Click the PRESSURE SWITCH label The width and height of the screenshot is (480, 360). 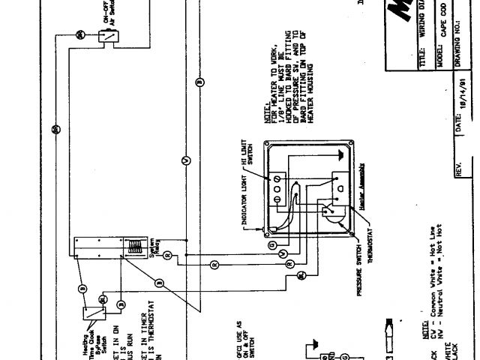(x=359, y=266)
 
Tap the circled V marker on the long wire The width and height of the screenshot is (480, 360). (x=187, y=160)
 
